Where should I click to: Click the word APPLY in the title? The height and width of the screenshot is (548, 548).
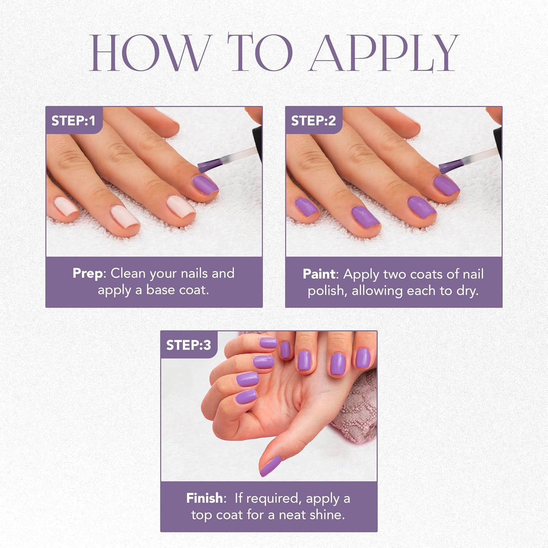(384, 53)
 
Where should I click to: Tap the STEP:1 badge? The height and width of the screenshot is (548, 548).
(73, 121)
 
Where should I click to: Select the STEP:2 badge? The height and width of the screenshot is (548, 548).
(313, 121)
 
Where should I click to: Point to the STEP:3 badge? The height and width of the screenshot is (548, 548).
(189, 345)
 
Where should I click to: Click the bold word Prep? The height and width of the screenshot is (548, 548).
(88, 273)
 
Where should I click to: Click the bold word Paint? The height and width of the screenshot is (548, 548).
(319, 274)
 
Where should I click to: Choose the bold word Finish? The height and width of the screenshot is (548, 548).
(204, 498)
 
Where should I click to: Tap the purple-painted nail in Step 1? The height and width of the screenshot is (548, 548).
(205, 184)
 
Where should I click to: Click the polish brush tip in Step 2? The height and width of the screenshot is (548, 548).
(446, 167)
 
